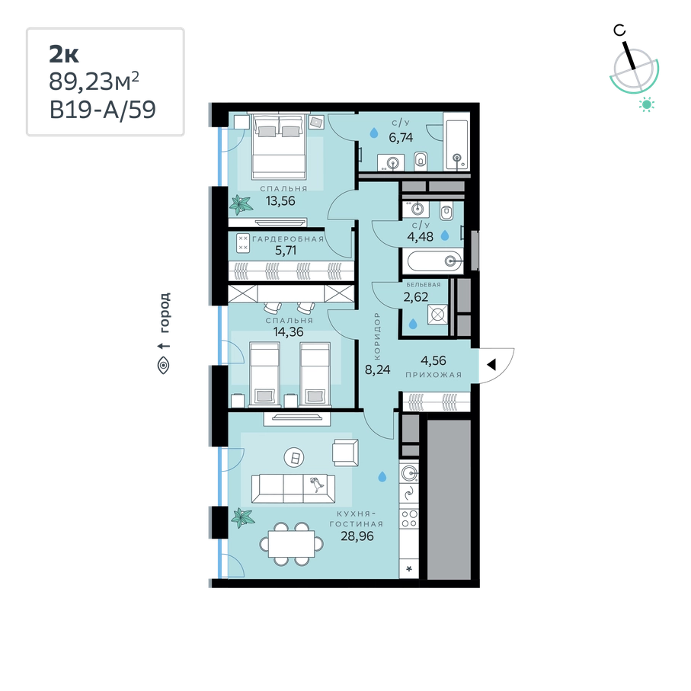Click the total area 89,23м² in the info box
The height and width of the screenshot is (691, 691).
coord(94,81)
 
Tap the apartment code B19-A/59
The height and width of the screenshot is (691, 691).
coord(103,110)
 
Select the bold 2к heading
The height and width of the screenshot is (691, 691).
coord(64,54)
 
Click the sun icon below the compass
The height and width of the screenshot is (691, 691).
coord(647,104)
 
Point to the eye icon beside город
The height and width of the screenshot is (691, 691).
coord(164,366)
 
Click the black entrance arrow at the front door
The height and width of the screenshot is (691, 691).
coord(491,364)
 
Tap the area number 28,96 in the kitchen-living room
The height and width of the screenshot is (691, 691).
coord(357,536)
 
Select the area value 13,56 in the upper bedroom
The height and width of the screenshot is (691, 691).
coord(280,201)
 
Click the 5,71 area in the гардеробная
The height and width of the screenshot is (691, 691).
coord(286,251)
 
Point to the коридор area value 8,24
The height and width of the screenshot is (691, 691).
coord(378,369)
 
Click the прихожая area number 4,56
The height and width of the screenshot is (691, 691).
coord(433,360)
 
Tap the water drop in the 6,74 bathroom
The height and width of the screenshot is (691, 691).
coord(374,133)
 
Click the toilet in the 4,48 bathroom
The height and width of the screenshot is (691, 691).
coord(446,212)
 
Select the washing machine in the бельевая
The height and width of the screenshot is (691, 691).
coord(437,315)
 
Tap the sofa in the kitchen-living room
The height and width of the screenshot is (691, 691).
coord(293,488)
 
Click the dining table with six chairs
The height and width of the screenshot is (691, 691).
coord(292,544)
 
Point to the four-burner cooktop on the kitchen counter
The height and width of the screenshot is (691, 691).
coord(409,518)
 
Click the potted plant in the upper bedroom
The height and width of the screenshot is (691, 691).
coord(241,205)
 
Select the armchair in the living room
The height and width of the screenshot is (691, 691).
coord(346,453)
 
